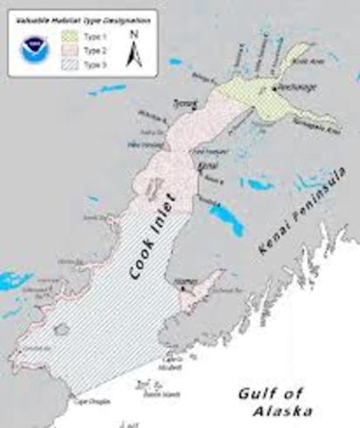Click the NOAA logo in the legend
coord(35,49)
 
